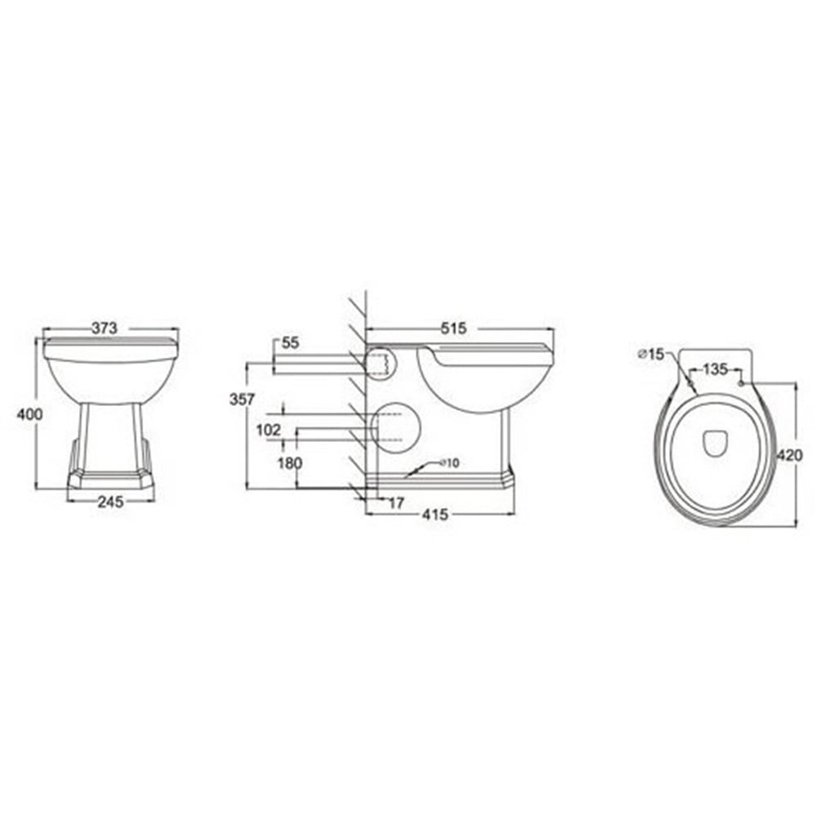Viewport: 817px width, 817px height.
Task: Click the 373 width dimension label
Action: (x=105, y=328)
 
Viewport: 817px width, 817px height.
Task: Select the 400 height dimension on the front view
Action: (x=29, y=414)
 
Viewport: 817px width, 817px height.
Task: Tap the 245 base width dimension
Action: (x=109, y=502)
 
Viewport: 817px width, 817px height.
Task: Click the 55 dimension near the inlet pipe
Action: (x=290, y=344)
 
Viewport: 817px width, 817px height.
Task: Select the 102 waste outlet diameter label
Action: (x=269, y=429)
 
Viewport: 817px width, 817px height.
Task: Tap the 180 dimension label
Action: (x=291, y=463)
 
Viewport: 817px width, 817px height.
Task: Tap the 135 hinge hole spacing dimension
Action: (x=715, y=369)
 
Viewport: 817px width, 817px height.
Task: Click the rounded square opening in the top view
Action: (x=716, y=442)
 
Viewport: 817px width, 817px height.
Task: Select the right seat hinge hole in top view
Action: (x=741, y=382)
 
